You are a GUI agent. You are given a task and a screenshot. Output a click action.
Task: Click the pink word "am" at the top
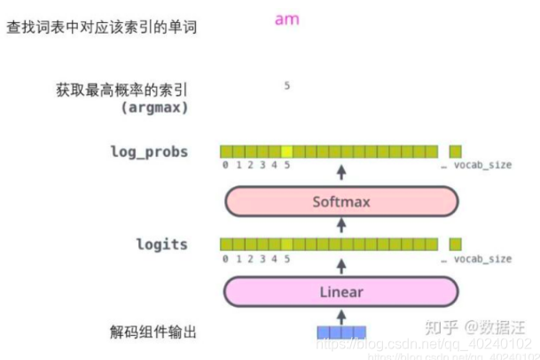point(287,20)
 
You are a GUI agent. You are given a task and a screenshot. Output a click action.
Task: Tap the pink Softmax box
point(341,201)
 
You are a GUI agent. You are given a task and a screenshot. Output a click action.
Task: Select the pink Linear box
point(341,292)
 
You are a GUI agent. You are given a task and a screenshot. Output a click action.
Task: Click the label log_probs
point(149,152)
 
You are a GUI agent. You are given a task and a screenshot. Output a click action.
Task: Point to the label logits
point(161,244)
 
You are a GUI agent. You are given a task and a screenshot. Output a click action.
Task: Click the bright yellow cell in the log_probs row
point(287,152)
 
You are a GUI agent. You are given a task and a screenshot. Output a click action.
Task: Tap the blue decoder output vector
point(341,333)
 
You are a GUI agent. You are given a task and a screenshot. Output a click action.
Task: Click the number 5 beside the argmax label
point(287,86)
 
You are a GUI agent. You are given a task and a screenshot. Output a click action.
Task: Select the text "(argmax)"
point(156,107)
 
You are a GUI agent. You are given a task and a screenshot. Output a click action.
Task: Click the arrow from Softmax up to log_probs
point(341,171)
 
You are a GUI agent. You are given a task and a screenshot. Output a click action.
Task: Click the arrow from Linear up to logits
point(341,264)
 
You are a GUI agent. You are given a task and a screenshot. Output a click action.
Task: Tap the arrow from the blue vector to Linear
point(341,316)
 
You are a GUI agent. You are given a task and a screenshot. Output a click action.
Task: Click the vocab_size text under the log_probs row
point(482,166)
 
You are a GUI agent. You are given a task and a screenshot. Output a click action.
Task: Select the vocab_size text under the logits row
point(482,258)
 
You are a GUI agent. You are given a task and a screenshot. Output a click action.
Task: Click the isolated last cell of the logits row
point(455,244)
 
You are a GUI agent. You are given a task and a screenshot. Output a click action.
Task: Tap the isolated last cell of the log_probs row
point(455,152)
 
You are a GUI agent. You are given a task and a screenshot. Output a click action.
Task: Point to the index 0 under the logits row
point(226,258)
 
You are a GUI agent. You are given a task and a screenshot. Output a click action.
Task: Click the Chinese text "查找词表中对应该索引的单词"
point(101,27)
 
